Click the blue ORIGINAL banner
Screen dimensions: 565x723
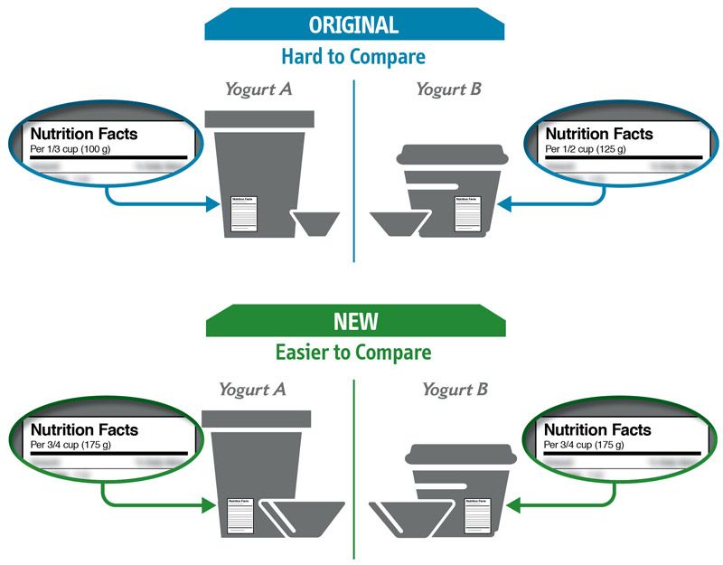coord(353,24)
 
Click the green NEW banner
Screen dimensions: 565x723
coord(353,322)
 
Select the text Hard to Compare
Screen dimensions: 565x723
coord(353,57)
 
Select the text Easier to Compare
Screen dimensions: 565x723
coord(353,352)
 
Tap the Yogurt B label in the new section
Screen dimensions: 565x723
coord(455,390)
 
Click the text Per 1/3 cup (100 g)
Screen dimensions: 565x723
coord(80,149)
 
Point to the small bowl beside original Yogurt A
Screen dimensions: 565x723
coord(314,222)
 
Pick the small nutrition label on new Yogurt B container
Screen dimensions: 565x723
coord(477,516)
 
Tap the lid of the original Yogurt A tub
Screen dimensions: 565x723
coord(257,118)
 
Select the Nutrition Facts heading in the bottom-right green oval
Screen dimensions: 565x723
coord(596,429)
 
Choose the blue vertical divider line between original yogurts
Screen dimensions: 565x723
coord(353,172)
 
